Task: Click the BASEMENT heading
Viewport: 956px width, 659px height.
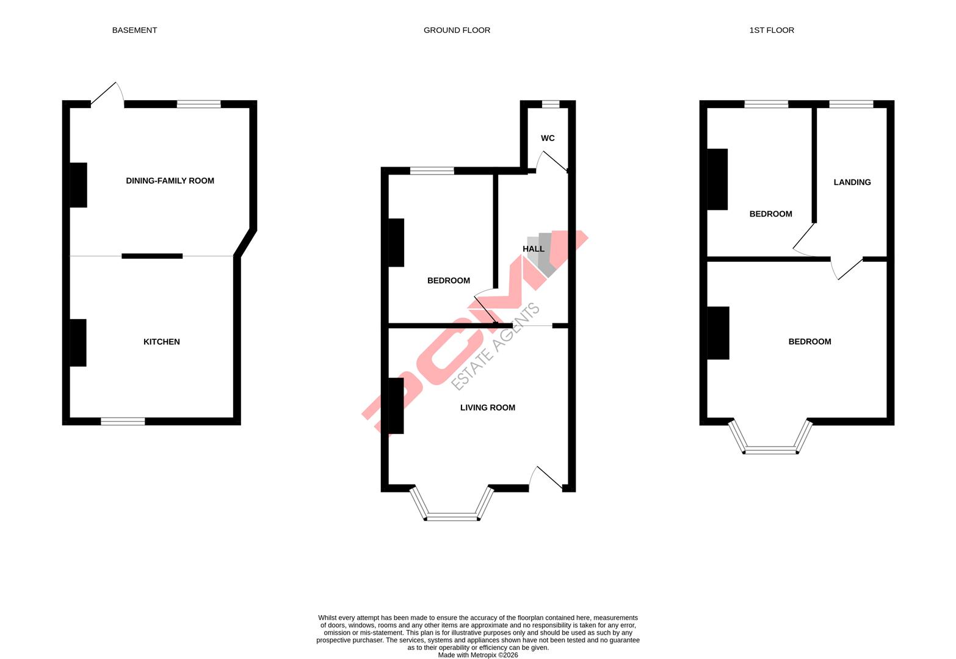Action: click(x=134, y=30)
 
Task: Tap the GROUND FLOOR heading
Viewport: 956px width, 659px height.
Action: click(x=457, y=30)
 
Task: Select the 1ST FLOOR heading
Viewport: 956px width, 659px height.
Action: click(x=772, y=30)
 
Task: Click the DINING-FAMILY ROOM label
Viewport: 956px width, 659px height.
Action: click(x=170, y=181)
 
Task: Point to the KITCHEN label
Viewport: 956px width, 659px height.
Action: click(x=161, y=342)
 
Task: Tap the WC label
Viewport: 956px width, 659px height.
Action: click(x=548, y=139)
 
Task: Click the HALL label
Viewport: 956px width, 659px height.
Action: click(x=533, y=249)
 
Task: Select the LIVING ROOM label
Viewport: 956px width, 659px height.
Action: click(x=487, y=408)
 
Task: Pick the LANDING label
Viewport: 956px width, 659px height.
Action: click(x=852, y=182)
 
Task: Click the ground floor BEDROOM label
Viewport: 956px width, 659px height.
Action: click(x=448, y=281)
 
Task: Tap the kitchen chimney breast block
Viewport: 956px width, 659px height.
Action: click(x=78, y=342)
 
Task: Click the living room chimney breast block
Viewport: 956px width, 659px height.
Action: click(x=396, y=406)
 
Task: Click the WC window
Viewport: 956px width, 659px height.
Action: click(x=550, y=104)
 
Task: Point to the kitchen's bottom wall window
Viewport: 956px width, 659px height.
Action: click(x=123, y=421)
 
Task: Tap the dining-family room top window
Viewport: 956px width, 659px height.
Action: click(x=198, y=104)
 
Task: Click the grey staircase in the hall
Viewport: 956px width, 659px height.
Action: click(x=545, y=253)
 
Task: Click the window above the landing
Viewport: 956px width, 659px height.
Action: click(x=851, y=104)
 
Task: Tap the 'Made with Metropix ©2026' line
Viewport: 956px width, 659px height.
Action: click(x=477, y=655)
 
